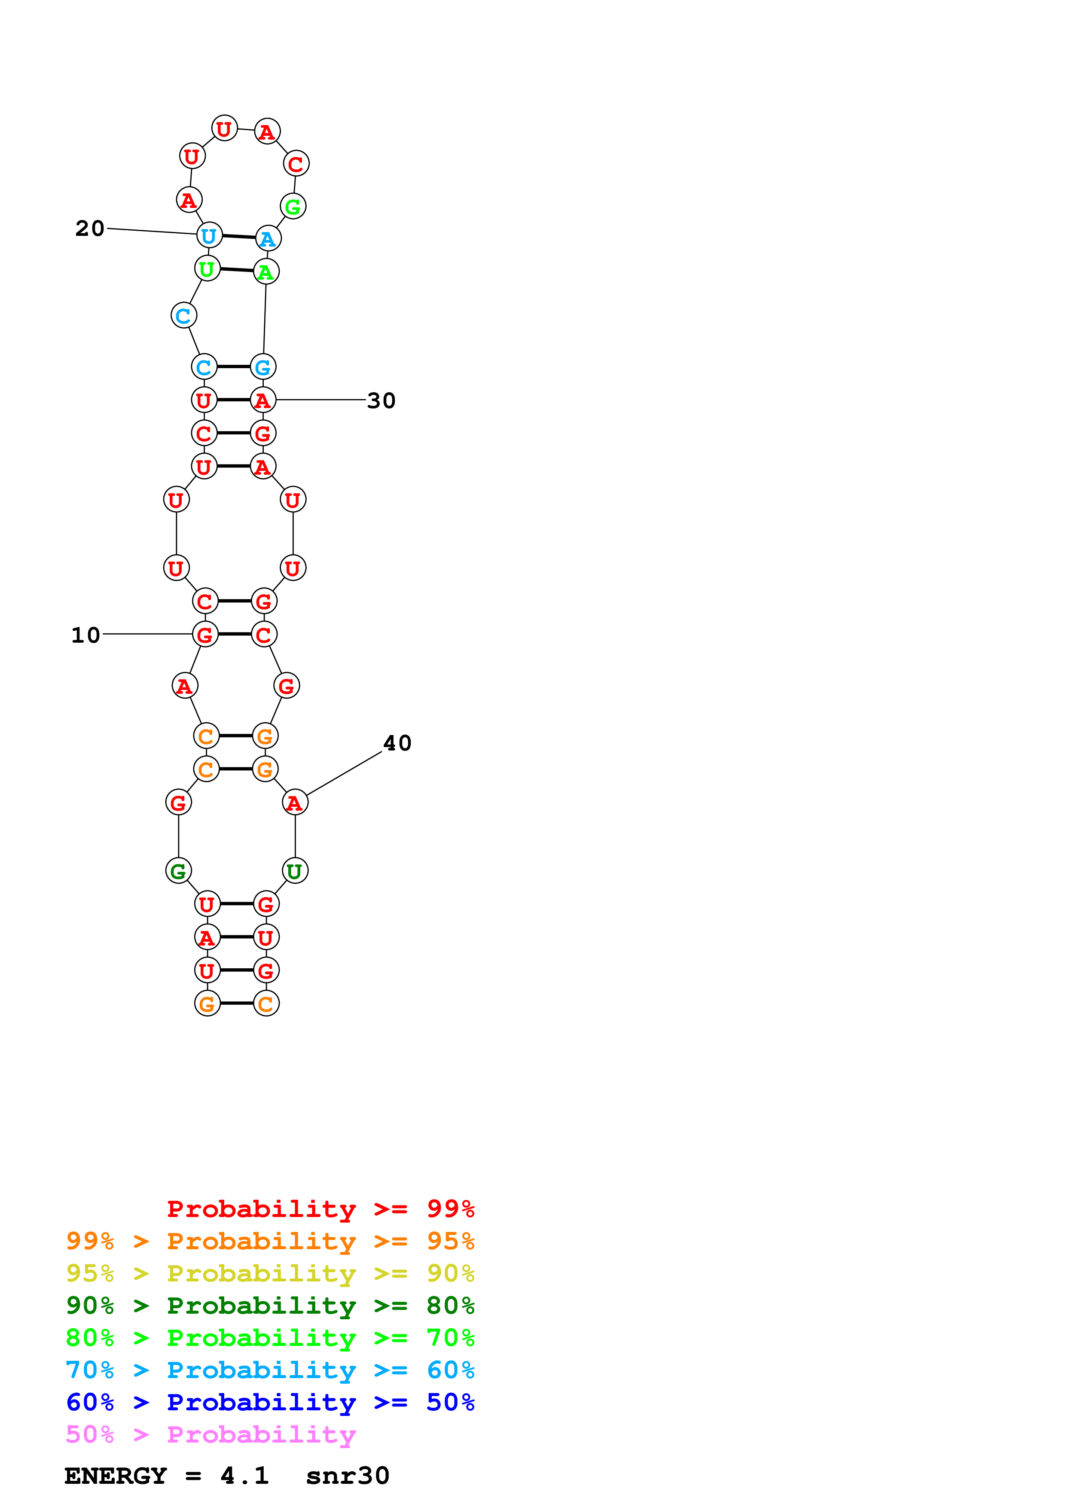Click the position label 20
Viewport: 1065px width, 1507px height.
(90, 229)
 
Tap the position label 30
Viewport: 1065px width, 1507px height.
(381, 400)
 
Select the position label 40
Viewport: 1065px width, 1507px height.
(397, 743)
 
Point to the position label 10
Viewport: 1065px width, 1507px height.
(85, 635)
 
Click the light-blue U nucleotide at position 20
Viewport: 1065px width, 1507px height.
(209, 235)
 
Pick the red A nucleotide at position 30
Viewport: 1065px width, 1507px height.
(263, 400)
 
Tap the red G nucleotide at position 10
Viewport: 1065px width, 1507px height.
(205, 634)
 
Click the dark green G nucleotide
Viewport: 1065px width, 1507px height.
(178, 871)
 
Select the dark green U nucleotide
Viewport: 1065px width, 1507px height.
(295, 871)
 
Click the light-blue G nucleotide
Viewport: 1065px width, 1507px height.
(263, 367)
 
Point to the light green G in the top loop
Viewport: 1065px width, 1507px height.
(293, 207)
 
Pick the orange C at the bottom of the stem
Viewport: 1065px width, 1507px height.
(266, 1004)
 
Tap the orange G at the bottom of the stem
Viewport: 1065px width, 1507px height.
(208, 1004)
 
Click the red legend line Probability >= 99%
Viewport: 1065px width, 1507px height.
(320, 1208)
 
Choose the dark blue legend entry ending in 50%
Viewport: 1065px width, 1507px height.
(270, 1402)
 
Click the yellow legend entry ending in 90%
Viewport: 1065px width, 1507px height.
(270, 1273)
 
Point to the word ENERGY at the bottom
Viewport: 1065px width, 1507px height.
(116, 1476)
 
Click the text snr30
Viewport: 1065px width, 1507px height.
(348, 1476)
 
